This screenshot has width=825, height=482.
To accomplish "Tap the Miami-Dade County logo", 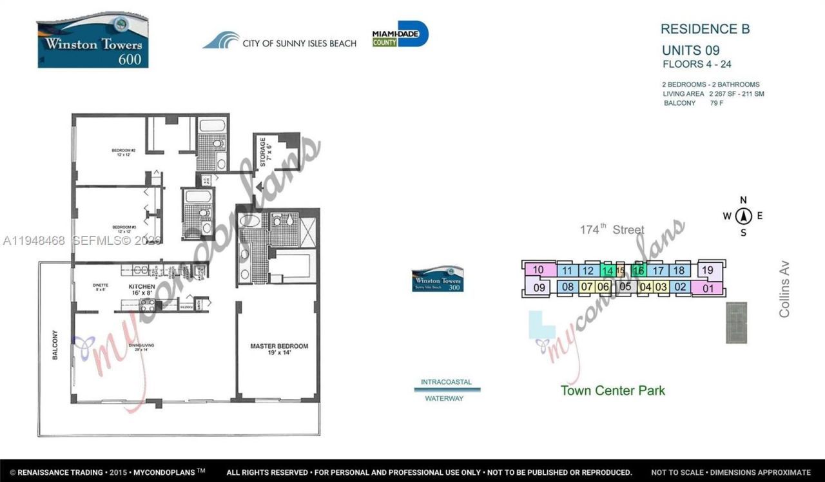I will (x=400, y=34).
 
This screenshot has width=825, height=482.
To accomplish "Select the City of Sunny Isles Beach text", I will (x=299, y=43).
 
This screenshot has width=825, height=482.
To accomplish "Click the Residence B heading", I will (x=704, y=29).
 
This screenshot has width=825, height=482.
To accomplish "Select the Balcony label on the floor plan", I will (x=55, y=345).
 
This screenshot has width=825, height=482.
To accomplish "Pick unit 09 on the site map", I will (x=539, y=287).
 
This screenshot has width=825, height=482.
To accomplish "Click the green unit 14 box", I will (x=607, y=271).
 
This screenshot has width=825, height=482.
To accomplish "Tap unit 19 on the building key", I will (x=708, y=270).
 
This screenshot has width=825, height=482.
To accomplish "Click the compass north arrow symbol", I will (x=743, y=216).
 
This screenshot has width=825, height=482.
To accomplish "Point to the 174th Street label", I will (x=612, y=229).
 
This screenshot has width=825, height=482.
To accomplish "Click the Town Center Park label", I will (x=612, y=390).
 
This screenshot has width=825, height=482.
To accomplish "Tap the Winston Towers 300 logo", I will (x=438, y=278).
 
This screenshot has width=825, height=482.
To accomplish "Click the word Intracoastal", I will (x=446, y=382).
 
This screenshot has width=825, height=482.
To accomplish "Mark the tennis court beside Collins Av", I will (x=736, y=322).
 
